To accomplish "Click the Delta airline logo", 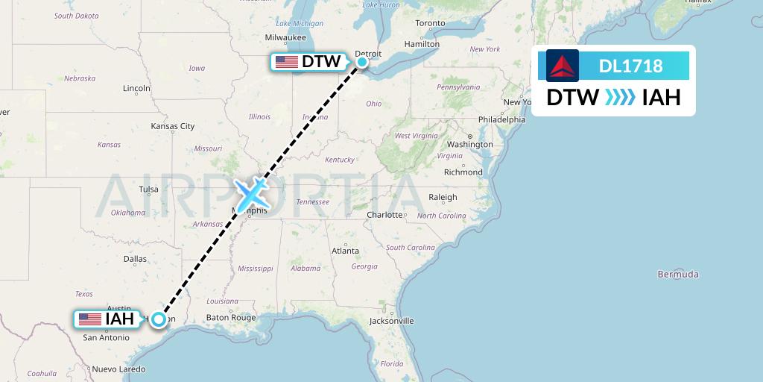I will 563,66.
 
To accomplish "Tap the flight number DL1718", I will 630,66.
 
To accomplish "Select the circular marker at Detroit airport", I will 362,61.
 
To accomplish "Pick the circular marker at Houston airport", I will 159,319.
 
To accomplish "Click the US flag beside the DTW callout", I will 287,62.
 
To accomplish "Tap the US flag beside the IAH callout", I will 90,319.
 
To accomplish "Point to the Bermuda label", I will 678,275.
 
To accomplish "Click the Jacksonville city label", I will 391,321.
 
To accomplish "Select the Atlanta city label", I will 346,251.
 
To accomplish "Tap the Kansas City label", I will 173,126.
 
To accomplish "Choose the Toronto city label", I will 430,23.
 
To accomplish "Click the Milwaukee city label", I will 285,37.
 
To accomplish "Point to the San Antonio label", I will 106,337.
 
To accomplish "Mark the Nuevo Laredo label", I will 118,369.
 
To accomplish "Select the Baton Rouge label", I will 230,317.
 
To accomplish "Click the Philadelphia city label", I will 501,119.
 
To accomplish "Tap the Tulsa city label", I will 148,189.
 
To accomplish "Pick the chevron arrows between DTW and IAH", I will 620,97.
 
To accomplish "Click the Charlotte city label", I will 384,215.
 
